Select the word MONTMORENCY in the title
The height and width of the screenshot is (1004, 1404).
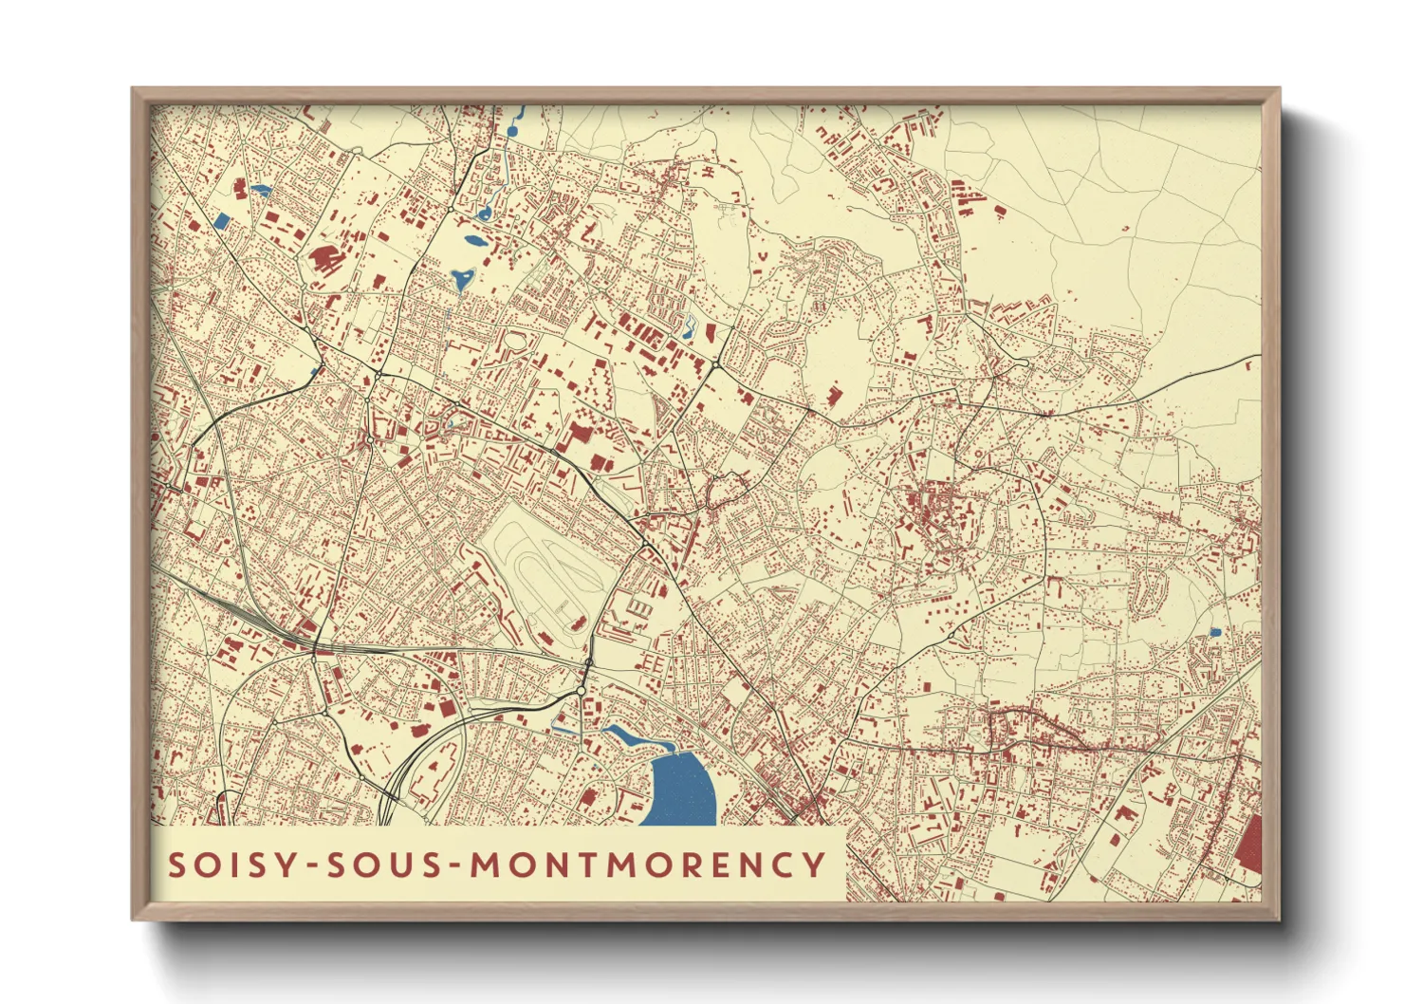point(649,865)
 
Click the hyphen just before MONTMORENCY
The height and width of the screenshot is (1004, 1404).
point(457,865)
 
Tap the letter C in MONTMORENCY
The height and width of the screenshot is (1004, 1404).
point(780,865)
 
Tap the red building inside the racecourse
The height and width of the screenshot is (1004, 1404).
point(576,623)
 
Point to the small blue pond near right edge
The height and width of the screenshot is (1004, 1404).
point(1215,632)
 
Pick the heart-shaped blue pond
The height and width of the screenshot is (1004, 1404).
point(462,279)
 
